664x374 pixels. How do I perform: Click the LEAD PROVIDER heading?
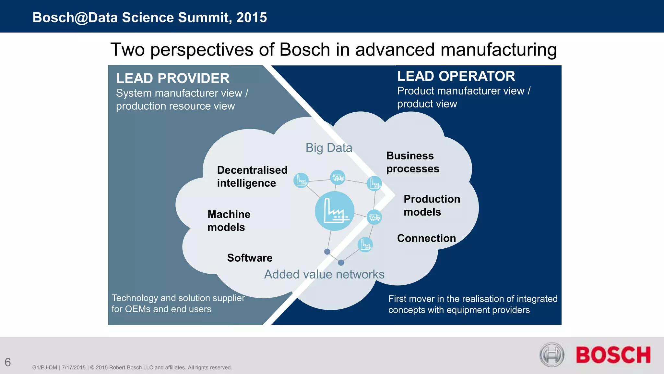point(172,79)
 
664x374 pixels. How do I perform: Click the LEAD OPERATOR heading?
point(456,76)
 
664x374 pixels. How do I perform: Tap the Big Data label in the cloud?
point(329,148)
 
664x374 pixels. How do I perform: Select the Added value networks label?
point(324,274)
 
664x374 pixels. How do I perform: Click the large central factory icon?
point(335,211)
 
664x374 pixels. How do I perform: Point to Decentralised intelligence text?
point(252,177)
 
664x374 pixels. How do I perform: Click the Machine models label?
point(229,221)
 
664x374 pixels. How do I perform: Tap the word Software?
point(250,258)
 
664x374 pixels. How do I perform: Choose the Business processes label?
point(412,162)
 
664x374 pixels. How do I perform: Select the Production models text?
point(432,206)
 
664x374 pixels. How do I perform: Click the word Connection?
point(426,238)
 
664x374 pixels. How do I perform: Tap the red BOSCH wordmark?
point(613,355)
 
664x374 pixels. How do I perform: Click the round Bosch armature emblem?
point(552,355)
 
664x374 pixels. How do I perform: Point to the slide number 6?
point(8,362)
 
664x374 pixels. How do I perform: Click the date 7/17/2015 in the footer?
point(74,368)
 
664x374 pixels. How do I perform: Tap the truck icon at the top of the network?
point(338,177)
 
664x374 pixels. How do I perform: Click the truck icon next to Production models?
point(374,217)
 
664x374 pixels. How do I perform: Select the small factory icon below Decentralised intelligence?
point(301,181)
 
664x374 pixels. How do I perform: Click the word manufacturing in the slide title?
point(498,50)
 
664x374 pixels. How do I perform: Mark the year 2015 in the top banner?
point(252,18)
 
